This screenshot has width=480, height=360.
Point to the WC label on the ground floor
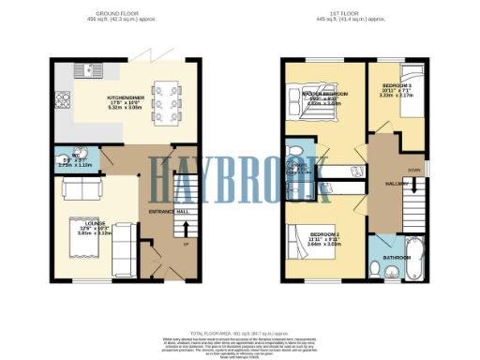pyautogui.click(x=80, y=158)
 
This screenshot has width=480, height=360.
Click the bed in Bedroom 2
pyautogui.click(x=306, y=247)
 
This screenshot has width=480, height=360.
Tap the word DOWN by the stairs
pyautogui.click(x=413, y=170)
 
